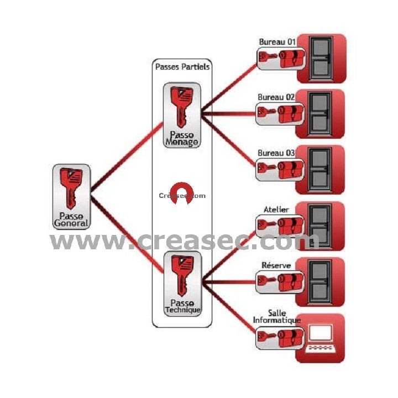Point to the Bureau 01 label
coord(277,42)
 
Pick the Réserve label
coord(276,265)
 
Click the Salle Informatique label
coord(276,317)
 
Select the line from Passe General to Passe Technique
coord(127,232)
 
